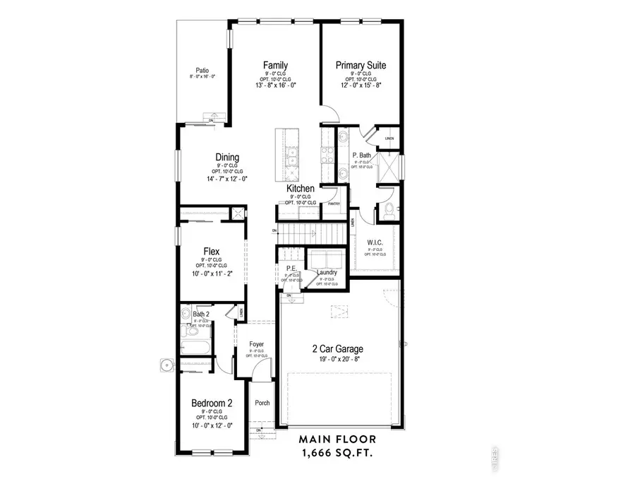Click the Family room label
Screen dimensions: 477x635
pyautogui.click(x=275, y=66)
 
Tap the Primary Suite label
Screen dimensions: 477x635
pyautogui.click(x=361, y=66)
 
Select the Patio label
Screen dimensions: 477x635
pyautogui.click(x=202, y=71)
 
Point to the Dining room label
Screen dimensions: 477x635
pyautogui.click(x=227, y=158)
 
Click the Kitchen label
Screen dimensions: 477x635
pyautogui.click(x=301, y=189)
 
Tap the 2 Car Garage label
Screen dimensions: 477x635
pyautogui.click(x=338, y=348)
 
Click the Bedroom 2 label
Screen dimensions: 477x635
pyautogui.click(x=212, y=404)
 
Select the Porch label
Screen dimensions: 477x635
pyautogui.click(x=262, y=404)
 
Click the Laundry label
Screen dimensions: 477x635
pyautogui.click(x=327, y=272)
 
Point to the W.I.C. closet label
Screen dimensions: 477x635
pyautogui.click(x=375, y=243)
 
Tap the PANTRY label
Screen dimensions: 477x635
pyautogui.click(x=334, y=204)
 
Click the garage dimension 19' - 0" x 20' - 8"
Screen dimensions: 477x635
pyautogui.click(x=338, y=359)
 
